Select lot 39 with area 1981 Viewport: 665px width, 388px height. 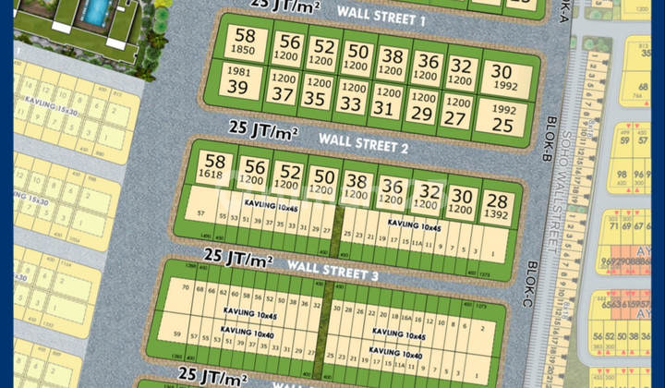(238, 80)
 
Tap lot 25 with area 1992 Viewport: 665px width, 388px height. (503, 116)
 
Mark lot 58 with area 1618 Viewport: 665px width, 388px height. (212, 166)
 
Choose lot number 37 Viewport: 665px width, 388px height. (281, 89)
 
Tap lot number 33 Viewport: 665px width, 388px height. (351, 98)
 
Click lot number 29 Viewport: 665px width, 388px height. (422, 107)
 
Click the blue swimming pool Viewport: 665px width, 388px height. (94, 10)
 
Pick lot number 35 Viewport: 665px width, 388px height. (316, 93)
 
